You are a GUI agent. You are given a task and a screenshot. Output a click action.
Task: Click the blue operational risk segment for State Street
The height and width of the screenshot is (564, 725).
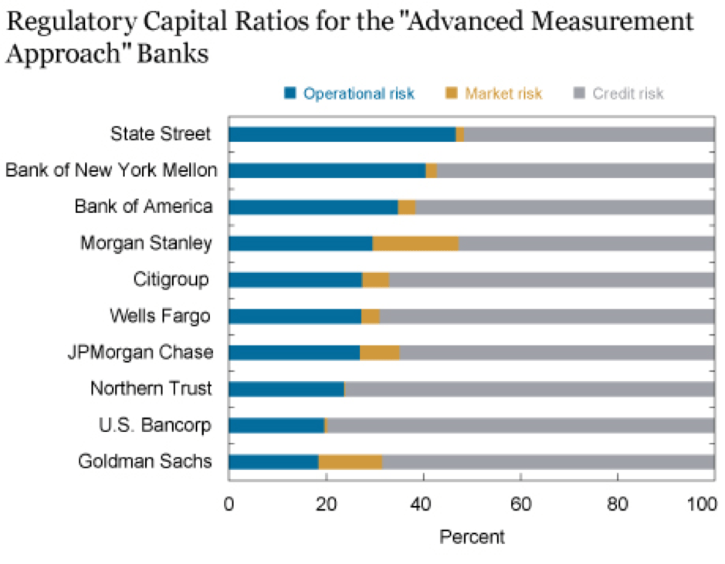pyautogui.click(x=342, y=134)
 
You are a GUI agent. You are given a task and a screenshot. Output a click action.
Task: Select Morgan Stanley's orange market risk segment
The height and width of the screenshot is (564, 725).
pyautogui.click(x=415, y=244)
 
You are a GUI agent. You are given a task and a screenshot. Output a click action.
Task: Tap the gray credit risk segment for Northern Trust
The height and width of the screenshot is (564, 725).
pyautogui.click(x=529, y=389)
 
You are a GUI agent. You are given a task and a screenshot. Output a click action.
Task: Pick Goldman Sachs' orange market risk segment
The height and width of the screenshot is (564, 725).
pyautogui.click(x=351, y=462)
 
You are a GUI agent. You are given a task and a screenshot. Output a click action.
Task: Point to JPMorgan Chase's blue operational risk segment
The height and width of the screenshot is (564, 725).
pyautogui.click(x=294, y=353)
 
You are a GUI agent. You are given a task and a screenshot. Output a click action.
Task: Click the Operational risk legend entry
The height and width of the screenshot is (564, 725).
pyautogui.click(x=348, y=94)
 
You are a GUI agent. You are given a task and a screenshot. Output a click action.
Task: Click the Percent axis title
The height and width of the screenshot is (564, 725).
pyautogui.click(x=472, y=536)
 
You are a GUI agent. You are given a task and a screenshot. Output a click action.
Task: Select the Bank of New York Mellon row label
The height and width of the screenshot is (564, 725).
pyautogui.click(x=111, y=171)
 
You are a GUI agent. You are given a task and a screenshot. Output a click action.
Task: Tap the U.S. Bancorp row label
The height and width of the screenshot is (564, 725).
pyautogui.click(x=154, y=425)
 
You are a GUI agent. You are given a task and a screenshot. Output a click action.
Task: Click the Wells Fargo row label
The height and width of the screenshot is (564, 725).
pyautogui.click(x=160, y=316)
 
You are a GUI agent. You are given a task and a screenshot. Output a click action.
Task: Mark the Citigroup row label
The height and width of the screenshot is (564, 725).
pyautogui.click(x=171, y=279)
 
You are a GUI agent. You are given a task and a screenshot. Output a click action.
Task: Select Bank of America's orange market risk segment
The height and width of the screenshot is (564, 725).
pyautogui.click(x=407, y=207)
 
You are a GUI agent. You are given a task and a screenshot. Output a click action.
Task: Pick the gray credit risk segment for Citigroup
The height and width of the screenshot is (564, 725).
pyautogui.click(x=551, y=280)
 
